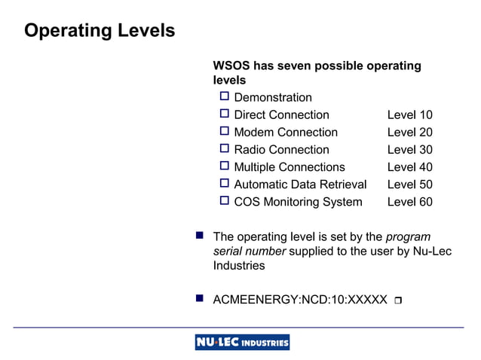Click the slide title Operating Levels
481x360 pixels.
(x=100, y=31)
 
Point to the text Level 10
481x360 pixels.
(x=409, y=115)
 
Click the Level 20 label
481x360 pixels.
(x=409, y=133)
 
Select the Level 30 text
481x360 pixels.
(x=409, y=150)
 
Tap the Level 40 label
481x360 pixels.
(x=409, y=167)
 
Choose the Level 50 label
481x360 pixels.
(x=409, y=185)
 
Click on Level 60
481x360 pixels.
(x=409, y=202)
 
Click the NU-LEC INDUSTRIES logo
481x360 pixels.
(x=242, y=343)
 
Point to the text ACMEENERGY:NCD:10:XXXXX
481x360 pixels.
(x=300, y=301)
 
